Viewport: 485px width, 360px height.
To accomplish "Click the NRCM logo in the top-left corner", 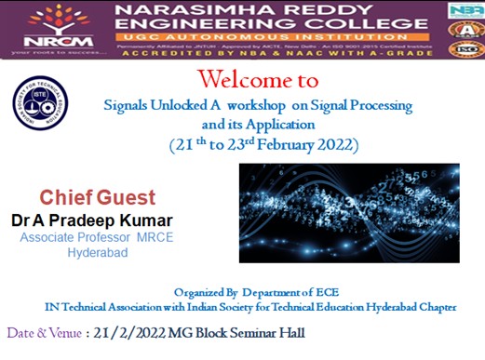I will point(48,26).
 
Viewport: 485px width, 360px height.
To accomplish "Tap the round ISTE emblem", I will point(34,102).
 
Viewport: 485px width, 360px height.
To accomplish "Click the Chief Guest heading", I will point(97,198).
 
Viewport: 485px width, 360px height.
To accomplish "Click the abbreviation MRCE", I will point(150,237).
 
